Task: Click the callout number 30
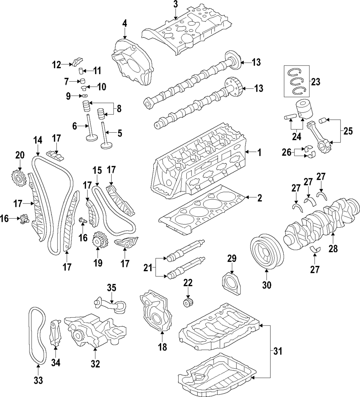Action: coord(267,285)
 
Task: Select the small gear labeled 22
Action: coord(186,302)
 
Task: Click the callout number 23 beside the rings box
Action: coord(315,82)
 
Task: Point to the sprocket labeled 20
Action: coord(19,177)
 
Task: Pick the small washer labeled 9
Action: coord(85,96)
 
